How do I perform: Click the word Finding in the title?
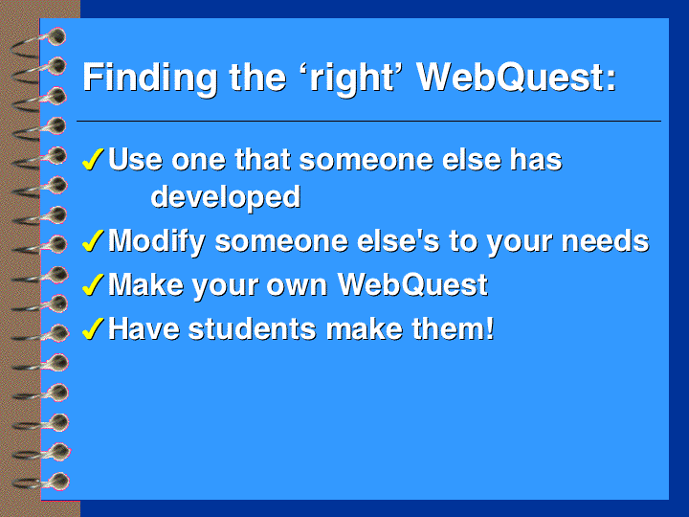click(x=150, y=79)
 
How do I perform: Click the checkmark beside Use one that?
click(x=93, y=159)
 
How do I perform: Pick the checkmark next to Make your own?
click(x=93, y=284)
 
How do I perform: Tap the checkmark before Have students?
click(x=93, y=328)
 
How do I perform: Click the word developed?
click(x=226, y=197)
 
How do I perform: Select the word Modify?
click(x=157, y=242)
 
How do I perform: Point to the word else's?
click(x=398, y=241)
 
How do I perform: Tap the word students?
click(x=253, y=328)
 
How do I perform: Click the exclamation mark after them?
click(x=490, y=328)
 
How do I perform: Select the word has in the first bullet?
click(x=536, y=159)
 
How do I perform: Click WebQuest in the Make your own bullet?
click(x=412, y=285)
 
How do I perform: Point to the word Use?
click(x=135, y=159)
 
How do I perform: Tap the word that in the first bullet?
click(x=262, y=159)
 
